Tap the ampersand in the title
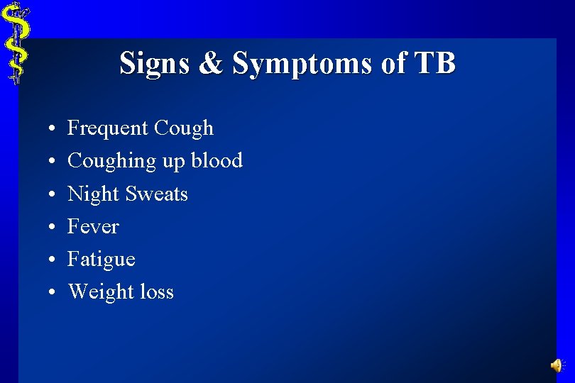[x=211, y=64]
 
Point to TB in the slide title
[x=434, y=64]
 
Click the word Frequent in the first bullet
[x=107, y=128]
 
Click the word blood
[x=216, y=161]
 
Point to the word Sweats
[x=157, y=194]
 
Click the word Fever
[x=93, y=227]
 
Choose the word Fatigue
[x=101, y=260]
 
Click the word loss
[x=156, y=292]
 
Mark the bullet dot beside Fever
[x=53, y=228]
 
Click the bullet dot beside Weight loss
[x=53, y=293]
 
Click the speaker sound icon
[x=557, y=365]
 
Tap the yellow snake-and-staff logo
[x=16, y=43]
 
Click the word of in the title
[x=394, y=64]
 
